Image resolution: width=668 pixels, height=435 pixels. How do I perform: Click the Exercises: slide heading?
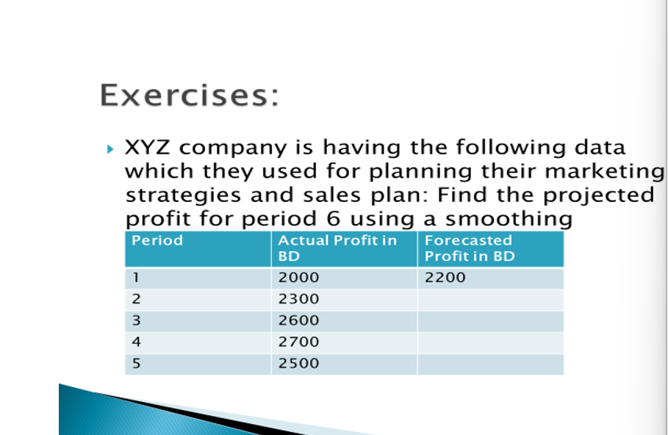[x=190, y=96]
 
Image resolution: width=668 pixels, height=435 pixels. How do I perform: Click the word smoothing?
[x=509, y=219]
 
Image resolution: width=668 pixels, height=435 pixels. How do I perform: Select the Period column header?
[x=157, y=240]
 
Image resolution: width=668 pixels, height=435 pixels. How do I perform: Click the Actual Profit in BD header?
[x=337, y=248]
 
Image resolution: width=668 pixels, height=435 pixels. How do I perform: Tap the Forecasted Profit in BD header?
[x=470, y=248]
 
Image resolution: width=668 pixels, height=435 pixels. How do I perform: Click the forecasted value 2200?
[x=445, y=278]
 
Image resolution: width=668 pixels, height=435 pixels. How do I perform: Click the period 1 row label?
[x=137, y=278]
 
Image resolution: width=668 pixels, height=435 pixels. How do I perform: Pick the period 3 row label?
[x=137, y=320]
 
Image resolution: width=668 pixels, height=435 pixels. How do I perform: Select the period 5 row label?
[x=137, y=363]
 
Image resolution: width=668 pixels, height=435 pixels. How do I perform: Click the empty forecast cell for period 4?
[x=490, y=342]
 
